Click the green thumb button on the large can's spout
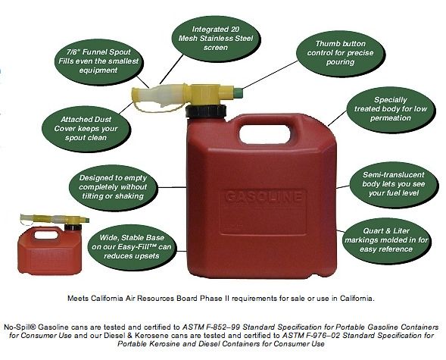pos(239,92)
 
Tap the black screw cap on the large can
pos(206,111)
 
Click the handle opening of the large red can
pos(265,133)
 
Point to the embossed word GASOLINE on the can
pos(264,196)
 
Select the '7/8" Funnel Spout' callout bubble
pos(98,61)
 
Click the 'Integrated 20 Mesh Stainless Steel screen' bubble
pos(215,39)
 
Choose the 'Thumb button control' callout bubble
pos(341,53)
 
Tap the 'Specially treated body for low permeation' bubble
pos(391,109)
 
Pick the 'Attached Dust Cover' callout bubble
pos(86,129)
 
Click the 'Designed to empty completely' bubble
pos(113,187)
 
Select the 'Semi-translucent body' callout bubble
pos(394,184)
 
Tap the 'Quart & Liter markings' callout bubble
pos(386,240)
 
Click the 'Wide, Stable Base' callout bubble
pos(132,247)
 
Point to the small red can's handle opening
pos(45,235)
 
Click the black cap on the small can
pos(73,227)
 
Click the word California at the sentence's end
pos(357,299)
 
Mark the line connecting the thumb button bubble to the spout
pos(270,75)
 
